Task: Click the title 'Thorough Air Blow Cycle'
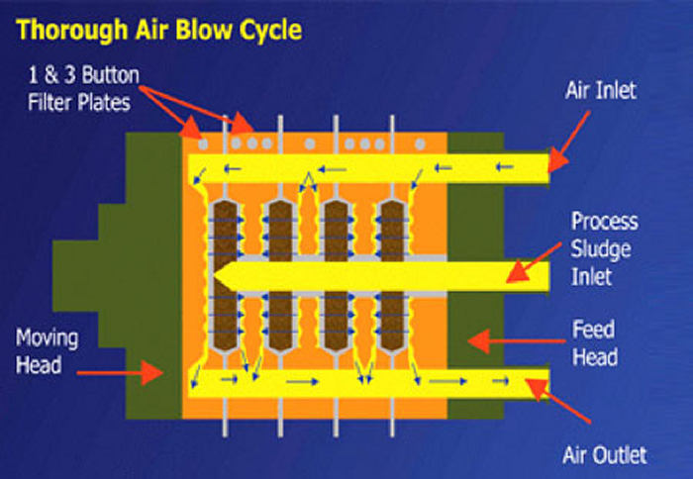[159, 29]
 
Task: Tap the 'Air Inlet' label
[600, 91]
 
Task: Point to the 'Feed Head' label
[594, 341]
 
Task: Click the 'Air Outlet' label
[604, 454]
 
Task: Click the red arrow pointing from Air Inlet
[572, 137]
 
